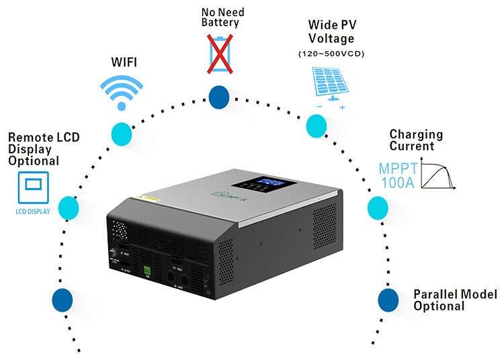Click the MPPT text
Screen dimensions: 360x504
point(401,165)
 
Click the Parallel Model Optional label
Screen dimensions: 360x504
point(454,300)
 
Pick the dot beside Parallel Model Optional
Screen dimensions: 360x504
point(388,300)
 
